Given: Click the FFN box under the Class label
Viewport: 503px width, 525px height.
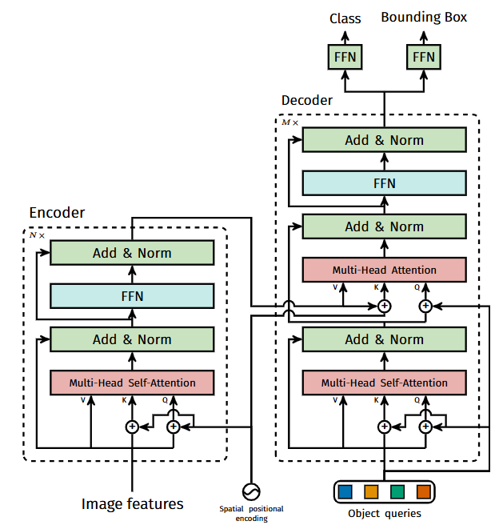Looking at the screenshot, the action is point(345,57).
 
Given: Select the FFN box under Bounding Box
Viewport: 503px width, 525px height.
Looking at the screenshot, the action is point(424,57).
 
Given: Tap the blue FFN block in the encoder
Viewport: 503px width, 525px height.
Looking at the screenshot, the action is point(132,296).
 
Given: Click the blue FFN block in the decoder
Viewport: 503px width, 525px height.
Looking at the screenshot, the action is point(384,183).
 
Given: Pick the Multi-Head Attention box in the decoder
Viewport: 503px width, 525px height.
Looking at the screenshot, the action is point(384,270).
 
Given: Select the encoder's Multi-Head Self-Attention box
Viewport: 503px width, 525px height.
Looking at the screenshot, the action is point(132,383).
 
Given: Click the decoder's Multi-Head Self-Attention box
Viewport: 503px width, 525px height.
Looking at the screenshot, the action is point(384,383).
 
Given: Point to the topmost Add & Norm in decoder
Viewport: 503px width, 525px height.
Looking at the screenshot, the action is point(384,140).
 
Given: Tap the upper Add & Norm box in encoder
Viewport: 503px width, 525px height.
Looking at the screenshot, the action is point(132,253).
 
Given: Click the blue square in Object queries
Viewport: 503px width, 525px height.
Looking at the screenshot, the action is point(345,492).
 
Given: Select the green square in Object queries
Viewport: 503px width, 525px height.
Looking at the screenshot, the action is point(397,492).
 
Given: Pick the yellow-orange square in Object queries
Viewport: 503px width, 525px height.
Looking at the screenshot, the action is point(371,492).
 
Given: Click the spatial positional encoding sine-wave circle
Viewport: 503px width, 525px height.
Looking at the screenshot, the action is point(251,492).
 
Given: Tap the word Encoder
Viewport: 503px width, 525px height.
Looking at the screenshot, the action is point(57,213).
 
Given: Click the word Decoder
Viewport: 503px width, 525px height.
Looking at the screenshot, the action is point(307,100).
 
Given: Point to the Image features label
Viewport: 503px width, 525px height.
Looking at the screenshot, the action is point(132,504).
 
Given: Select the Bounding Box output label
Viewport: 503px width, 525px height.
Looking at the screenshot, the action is point(424,17).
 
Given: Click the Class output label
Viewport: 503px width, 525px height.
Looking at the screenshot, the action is point(345,18).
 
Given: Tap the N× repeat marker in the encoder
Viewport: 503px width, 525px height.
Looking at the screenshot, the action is point(37,235).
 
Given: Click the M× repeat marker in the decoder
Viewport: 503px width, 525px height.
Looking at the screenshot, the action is point(289,122).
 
